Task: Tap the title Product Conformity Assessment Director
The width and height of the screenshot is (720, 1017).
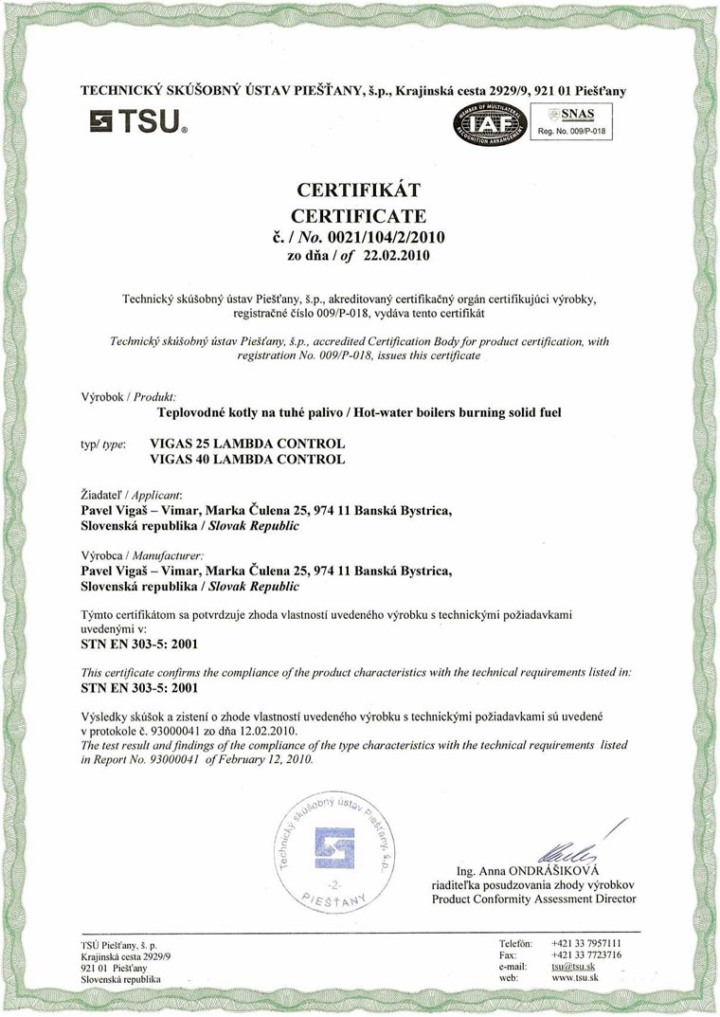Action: [x=533, y=898]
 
